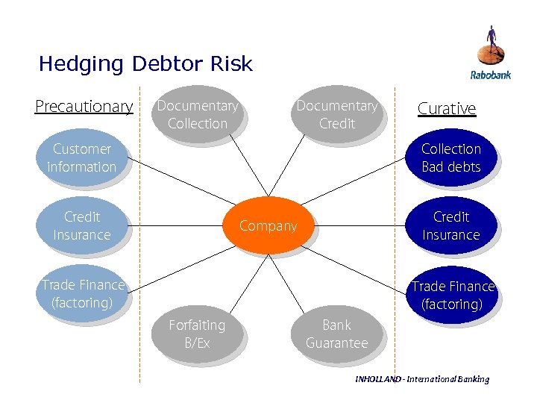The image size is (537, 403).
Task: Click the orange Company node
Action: (268, 225)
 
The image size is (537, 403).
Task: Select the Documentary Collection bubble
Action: (197, 114)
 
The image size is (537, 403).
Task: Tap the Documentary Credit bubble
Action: (336, 114)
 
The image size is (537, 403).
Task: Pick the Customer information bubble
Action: (81, 157)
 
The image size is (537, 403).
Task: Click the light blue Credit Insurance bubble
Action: (81, 225)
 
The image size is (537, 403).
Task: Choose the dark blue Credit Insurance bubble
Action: (450, 225)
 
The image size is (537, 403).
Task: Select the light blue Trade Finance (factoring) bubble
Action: (81, 293)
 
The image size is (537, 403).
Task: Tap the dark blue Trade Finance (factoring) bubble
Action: (453, 295)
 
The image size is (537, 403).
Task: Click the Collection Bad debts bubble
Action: (450, 157)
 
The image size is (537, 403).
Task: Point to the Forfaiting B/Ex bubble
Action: (196, 334)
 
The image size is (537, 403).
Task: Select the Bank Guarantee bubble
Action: (336, 334)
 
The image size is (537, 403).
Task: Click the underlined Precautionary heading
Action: (84, 107)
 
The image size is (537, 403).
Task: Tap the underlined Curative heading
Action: (446, 108)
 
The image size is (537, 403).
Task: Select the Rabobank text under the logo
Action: (490, 75)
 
